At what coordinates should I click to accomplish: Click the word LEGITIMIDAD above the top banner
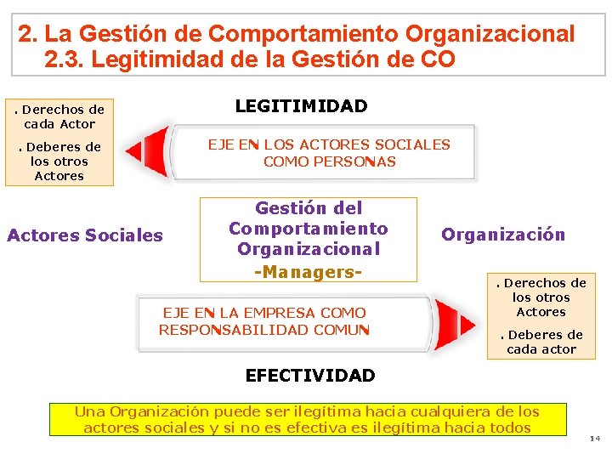(301, 106)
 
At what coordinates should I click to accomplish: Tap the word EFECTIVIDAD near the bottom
(309, 376)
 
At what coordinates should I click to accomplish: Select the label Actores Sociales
(85, 235)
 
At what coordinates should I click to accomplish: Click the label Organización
(503, 235)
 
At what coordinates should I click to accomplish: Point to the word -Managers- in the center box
(309, 272)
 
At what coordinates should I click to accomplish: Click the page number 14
(594, 439)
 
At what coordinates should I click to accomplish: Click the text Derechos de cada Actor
(59, 116)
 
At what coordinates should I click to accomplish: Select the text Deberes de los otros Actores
(59, 161)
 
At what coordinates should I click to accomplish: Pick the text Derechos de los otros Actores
(541, 297)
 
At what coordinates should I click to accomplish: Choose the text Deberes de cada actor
(541, 342)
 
